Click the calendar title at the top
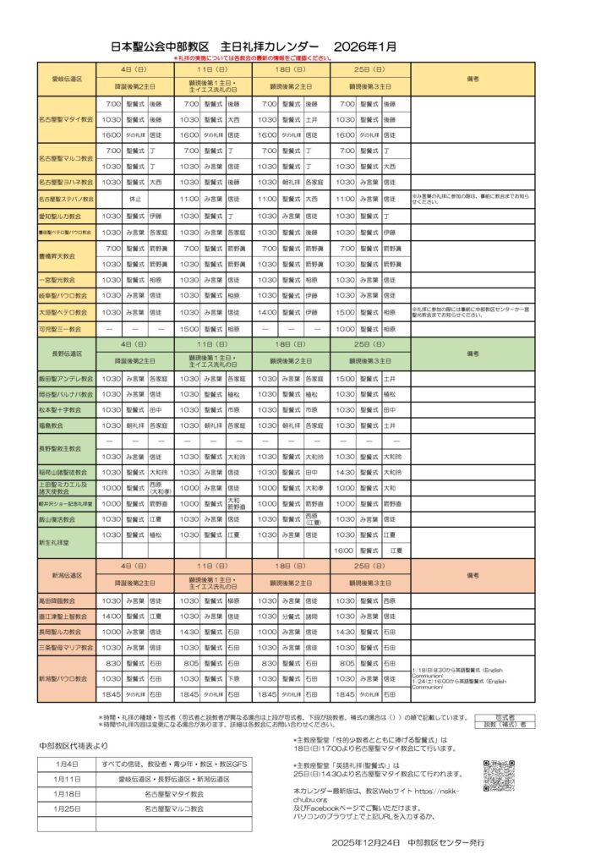(253, 47)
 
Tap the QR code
(499, 776)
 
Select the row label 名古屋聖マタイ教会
(67, 119)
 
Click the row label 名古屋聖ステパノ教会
(67, 199)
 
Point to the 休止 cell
(135, 199)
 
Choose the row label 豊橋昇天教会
(67, 255)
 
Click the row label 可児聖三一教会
(67, 329)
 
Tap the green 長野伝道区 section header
(67, 354)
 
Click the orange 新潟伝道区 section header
(67, 575)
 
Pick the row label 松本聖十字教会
(67, 410)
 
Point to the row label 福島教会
(67, 426)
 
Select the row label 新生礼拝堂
(67, 542)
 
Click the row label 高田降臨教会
(67, 600)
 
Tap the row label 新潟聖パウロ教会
(67, 678)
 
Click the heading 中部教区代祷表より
(74, 746)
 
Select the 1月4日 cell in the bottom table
(67, 764)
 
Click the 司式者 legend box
(505, 716)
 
